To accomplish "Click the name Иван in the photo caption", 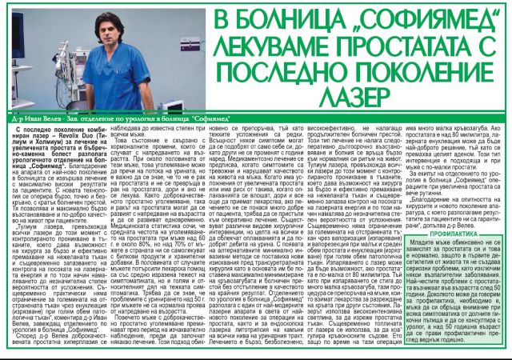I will [x=29, y=121].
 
